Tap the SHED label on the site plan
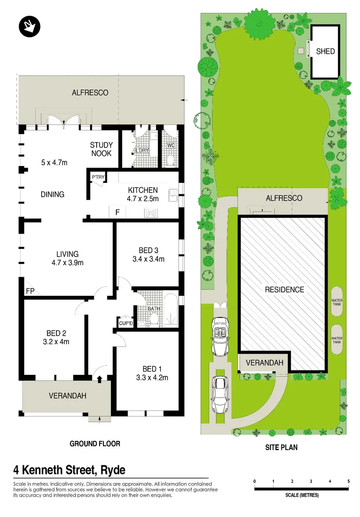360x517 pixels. [x=326, y=51]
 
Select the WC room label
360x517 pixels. [x=170, y=146]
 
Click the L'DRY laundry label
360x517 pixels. [x=142, y=151]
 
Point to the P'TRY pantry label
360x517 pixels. [x=98, y=177]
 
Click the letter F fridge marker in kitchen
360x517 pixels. [x=117, y=212]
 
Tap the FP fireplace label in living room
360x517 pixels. [x=30, y=291]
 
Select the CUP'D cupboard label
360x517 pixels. [x=126, y=324]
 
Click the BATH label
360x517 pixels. [x=154, y=309]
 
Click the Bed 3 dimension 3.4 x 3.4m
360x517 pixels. [x=148, y=259]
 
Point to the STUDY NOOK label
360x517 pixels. [x=101, y=149]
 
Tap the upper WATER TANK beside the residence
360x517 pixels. [x=337, y=302]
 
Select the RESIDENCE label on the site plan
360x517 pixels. [x=284, y=290]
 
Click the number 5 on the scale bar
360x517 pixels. [x=348, y=481]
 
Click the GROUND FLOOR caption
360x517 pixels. [x=95, y=444]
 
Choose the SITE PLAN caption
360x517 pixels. [x=281, y=448]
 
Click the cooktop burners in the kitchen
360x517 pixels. [x=152, y=212]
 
